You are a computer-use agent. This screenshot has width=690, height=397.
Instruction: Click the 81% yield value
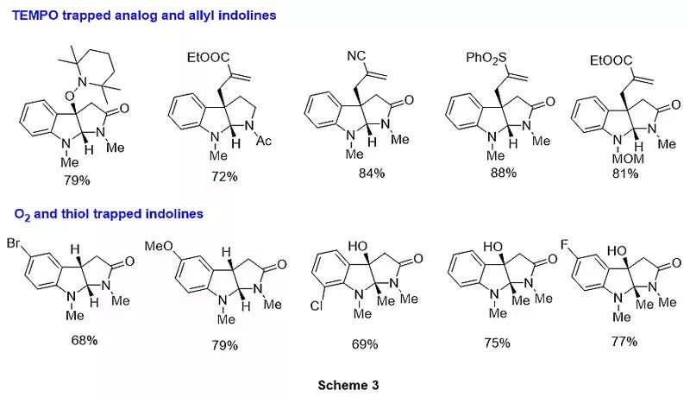tap(624, 173)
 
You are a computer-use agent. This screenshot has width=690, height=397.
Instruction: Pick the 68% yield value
tap(85, 340)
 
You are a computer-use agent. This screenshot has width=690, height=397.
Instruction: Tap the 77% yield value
tap(623, 342)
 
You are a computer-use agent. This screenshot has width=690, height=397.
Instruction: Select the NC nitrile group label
tap(357, 57)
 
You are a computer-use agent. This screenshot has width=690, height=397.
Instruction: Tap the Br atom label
tap(14, 244)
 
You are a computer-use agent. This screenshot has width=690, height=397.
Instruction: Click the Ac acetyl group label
tap(263, 141)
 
